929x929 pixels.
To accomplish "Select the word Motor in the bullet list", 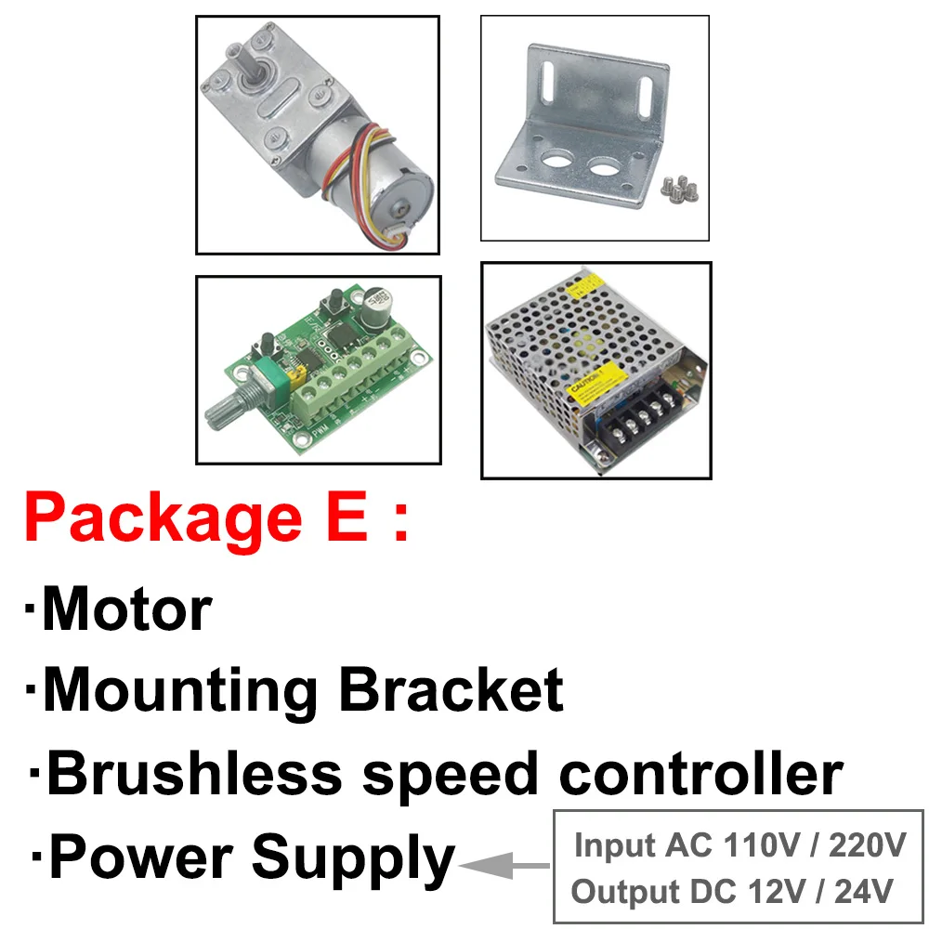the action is [x=127, y=609].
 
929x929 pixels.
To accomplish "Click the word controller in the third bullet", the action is [x=701, y=774].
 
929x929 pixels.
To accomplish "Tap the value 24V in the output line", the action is [x=864, y=892].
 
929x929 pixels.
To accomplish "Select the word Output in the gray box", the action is [x=625, y=892].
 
